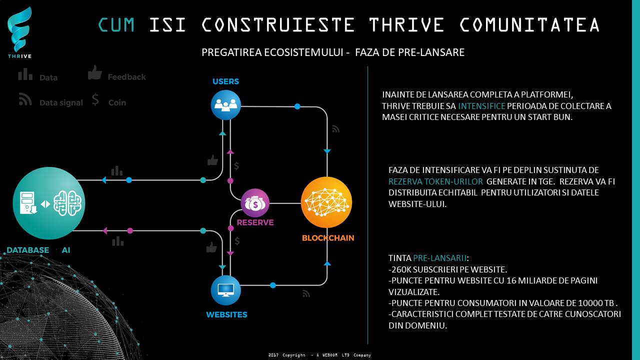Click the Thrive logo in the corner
point(19,32)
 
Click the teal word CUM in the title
point(116,24)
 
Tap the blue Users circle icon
point(225,105)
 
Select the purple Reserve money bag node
point(255,203)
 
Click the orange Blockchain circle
point(326,202)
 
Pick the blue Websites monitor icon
point(225,290)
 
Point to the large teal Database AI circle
point(49,203)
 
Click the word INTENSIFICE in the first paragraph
point(481,106)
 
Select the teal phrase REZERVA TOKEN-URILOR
point(435,181)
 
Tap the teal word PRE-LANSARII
point(439,258)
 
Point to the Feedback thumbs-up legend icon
point(95,72)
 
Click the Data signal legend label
point(61,103)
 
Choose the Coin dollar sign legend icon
point(95,99)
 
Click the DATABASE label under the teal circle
point(27,250)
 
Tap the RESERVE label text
point(255,222)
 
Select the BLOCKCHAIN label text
point(328,238)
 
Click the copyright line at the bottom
point(319,355)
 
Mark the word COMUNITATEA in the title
point(529,24)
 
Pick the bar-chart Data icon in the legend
point(25,74)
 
